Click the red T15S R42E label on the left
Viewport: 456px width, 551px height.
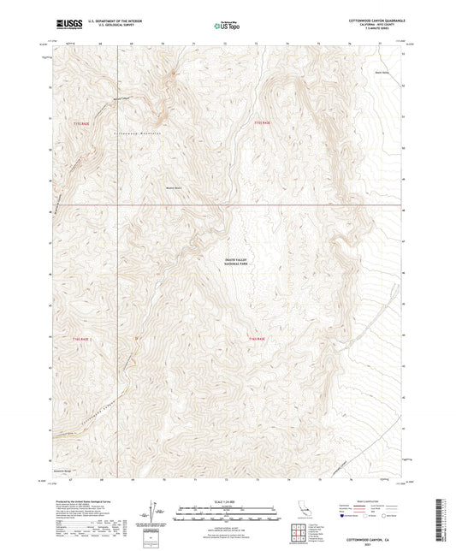coord(80,124)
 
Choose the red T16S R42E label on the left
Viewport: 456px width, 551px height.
coord(80,340)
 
